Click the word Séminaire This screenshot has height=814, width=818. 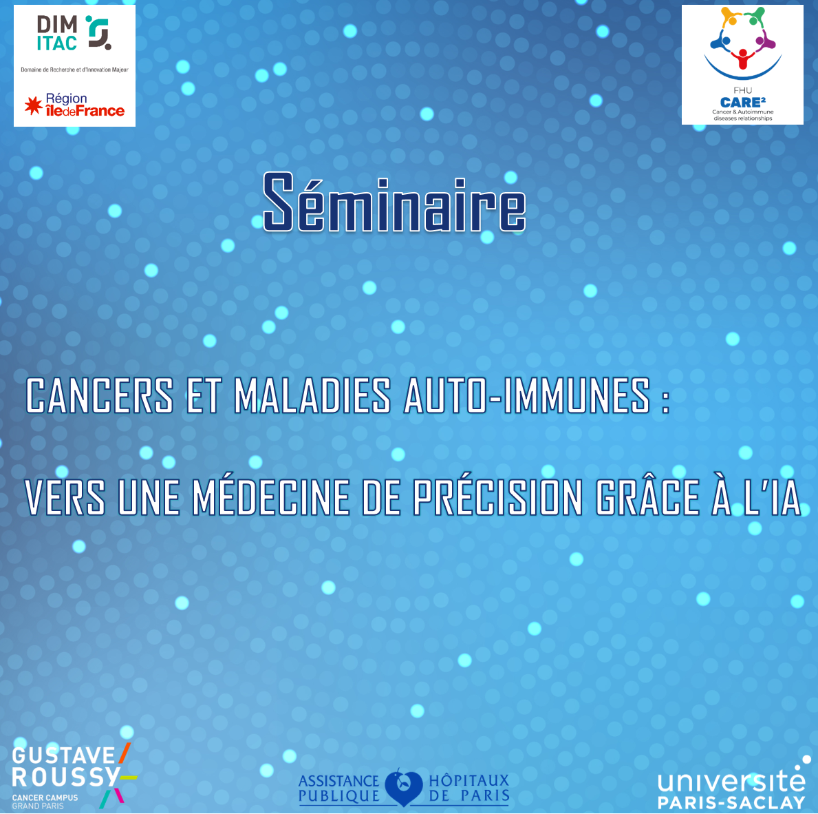(x=394, y=202)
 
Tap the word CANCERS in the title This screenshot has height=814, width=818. (x=100, y=395)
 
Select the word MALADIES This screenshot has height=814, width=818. (x=312, y=395)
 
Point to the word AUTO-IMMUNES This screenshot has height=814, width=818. (x=528, y=395)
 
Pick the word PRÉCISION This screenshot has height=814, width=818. (x=497, y=496)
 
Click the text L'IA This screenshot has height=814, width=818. (x=772, y=496)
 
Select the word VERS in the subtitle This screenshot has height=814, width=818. (x=65, y=497)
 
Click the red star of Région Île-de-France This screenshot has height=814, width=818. (x=34, y=105)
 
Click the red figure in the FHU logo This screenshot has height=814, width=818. (x=742, y=59)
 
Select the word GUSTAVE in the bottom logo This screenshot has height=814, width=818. (x=64, y=755)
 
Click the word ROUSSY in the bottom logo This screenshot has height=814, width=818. (x=66, y=777)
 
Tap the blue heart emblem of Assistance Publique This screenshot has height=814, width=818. (x=403, y=787)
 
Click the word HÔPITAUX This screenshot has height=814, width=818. (x=469, y=780)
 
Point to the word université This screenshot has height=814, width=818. (x=731, y=780)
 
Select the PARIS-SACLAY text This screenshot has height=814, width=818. (x=731, y=802)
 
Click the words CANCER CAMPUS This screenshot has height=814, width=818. (x=45, y=797)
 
